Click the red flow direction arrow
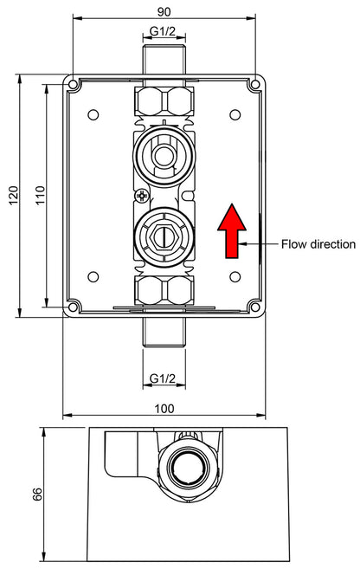[232, 231]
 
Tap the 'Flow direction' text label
[318, 244]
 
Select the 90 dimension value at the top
[164, 11]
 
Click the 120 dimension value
[14, 196]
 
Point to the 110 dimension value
[41, 195]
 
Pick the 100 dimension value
[164, 409]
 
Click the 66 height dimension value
[37, 495]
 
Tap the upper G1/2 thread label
[163, 31]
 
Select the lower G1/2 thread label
[163, 378]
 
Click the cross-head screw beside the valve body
[141, 197]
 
